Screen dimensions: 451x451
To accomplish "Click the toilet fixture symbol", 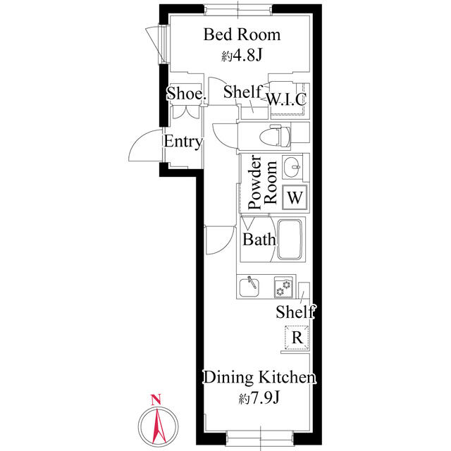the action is (x=275, y=136).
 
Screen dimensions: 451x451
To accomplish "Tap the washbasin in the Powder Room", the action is (x=292, y=166).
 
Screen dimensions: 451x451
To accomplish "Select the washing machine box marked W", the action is (x=295, y=197).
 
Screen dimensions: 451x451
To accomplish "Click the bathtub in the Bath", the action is (x=290, y=240).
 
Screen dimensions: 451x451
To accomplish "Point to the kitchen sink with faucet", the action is (x=249, y=287).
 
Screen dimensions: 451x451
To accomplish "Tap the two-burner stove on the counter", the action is (x=283, y=288).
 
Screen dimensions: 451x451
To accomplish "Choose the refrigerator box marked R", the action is (x=297, y=338).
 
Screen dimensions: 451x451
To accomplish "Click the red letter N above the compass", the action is (x=156, y=400).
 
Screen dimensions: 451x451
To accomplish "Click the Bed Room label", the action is (x=242, y=35).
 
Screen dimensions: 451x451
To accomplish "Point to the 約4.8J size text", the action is (x=242, y=56).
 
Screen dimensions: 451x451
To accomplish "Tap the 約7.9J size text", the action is (x=259, y=398).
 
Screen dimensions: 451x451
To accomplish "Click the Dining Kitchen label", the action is (x=259, y=378).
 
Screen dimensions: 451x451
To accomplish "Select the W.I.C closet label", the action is (x=286, y=99).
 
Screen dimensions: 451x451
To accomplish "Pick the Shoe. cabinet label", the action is (x=186, y=93).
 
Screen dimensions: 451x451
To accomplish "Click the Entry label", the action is (x=183, y=142).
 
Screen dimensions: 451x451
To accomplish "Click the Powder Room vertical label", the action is (x=263, y=182).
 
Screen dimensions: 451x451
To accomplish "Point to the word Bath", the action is (x=259, y=240).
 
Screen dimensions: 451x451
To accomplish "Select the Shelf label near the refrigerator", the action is (x=295, y=311).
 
